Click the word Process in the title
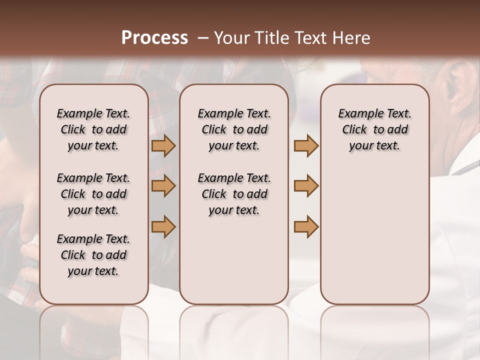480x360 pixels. (154, 38)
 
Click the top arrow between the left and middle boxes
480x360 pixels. (163, 145)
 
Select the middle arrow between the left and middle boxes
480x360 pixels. (163, 186)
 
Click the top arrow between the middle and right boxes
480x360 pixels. (306, 145)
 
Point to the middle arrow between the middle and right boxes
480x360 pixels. (306, 186)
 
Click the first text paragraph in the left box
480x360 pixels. (93, 129)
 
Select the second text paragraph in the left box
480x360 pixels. (93, 194)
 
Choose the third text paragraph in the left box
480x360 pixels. (93, 255)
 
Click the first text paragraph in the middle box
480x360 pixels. (234, 129)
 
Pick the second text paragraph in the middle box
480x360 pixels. (234, 194)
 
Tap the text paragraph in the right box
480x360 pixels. (375, 129)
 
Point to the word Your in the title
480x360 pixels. (232, 38)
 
